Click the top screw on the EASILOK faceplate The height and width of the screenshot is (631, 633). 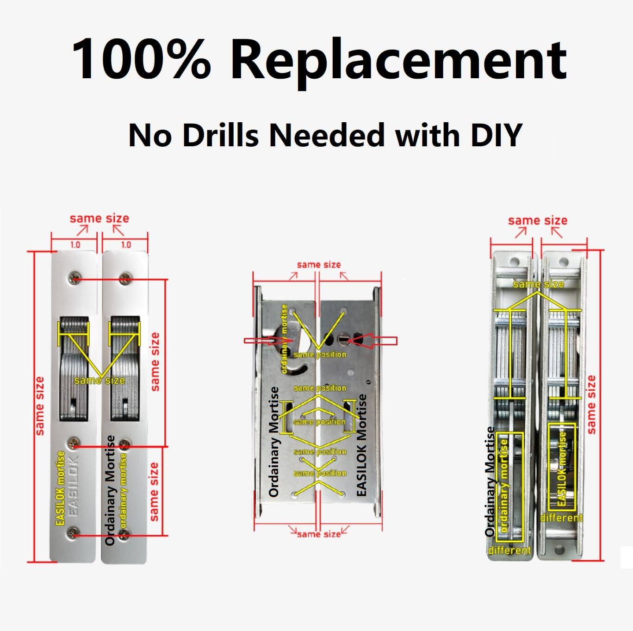pos(73,278)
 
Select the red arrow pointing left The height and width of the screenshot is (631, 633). pos(372,341)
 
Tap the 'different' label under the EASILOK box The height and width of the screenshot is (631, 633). pos(561,518)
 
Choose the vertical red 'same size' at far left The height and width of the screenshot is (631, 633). pos(40,406)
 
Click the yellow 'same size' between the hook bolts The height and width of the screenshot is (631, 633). pos(99,381)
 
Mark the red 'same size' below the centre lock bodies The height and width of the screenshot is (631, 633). pos(319,534)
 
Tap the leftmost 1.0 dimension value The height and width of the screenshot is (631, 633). pos(75,244)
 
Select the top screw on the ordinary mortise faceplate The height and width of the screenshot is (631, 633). pos(124,279)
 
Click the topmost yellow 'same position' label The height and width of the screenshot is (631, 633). pos(320,355)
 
